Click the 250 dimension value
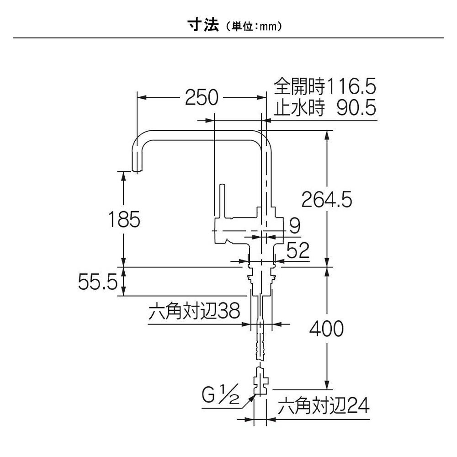click(202, 97)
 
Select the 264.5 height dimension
click(326, 199)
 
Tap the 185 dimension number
click(124, 220)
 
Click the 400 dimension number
click(326, 328)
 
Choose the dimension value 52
click(298, 250)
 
